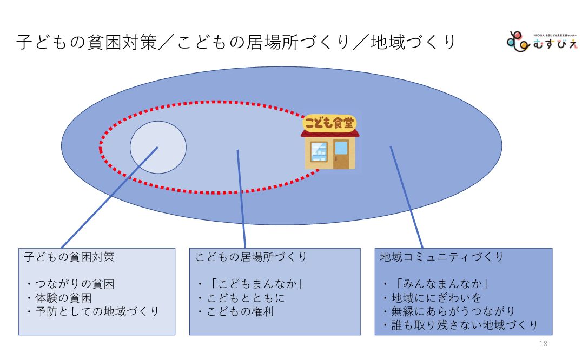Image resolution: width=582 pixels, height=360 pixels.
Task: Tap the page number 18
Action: tap(544, 344)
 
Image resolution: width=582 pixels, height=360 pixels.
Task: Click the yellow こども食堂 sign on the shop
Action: tap(329, 123)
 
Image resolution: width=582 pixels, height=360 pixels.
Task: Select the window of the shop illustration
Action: tap(319, 152)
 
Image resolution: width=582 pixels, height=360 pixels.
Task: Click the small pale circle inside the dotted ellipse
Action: tap(158, 148)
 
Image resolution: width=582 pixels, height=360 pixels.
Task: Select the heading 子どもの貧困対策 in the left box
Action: tap(69, 257)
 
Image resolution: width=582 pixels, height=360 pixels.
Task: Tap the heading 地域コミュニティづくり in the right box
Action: tap(442, 257)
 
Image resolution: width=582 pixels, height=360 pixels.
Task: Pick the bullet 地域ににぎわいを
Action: tap(431, 298)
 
